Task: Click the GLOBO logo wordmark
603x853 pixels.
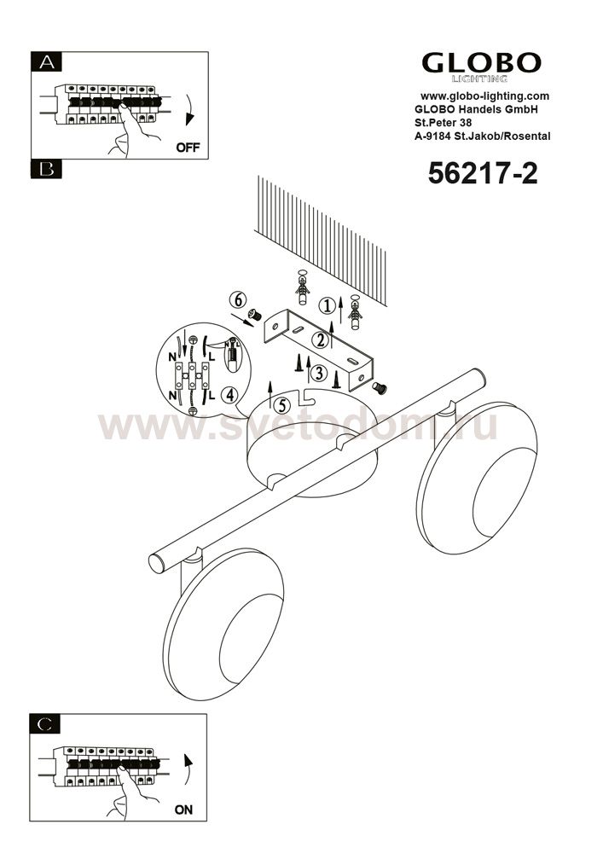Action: [481, 63]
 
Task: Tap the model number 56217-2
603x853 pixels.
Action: [482, 173]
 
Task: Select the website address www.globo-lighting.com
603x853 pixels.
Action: [485, 96]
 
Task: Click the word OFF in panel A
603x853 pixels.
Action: [188, 148]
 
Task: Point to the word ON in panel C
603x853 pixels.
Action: [183, 810]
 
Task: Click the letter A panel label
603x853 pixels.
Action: [47, 62]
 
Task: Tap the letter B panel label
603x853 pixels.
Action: [47, 170]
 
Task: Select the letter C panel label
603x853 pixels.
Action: [46, 724]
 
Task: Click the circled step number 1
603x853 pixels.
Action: [327, 306]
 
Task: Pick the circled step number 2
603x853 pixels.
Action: [320, 340]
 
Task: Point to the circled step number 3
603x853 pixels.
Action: [319, 374]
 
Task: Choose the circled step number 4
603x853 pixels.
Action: [230, 396]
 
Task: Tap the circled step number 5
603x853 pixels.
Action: [281, 405]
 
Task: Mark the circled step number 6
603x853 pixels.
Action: [237, 299]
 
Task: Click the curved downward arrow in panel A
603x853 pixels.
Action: [188, 110]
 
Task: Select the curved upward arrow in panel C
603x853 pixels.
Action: [188, 769]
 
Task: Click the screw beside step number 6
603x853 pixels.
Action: [254, 315]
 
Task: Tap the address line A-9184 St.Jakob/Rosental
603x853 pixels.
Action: [482, 136]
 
